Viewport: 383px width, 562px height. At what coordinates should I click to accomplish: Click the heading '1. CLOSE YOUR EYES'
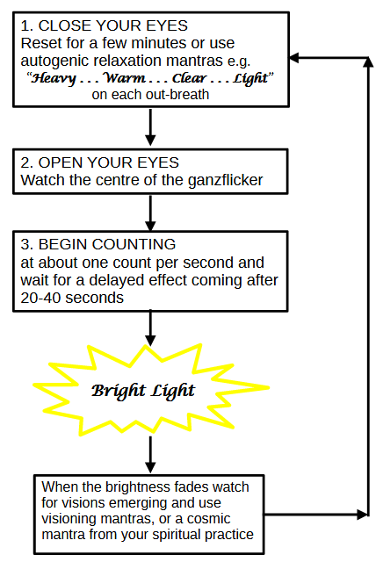point(104,25)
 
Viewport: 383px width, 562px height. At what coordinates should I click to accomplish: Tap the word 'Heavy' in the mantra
point(54,78)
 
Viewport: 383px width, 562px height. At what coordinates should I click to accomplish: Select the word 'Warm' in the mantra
point(125,77)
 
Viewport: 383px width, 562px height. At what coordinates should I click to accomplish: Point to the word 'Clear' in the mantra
point(190,77)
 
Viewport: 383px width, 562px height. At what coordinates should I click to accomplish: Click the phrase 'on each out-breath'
point(150,95)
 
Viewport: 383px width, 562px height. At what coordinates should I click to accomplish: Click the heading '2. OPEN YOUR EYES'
point(99,162)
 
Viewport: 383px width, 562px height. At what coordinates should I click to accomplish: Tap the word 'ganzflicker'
point(225,180)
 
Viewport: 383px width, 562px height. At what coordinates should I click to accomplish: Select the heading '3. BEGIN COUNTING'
point(98,244)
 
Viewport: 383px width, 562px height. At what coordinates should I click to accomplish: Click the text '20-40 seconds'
point(72,298)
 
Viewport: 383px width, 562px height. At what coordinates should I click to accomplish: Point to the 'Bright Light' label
point(143,391)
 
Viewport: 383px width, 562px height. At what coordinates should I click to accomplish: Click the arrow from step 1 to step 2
point(150,126)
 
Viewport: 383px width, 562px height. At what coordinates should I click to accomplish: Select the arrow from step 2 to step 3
point(150,213)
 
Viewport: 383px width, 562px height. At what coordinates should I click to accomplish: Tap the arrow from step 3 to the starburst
point(150,328)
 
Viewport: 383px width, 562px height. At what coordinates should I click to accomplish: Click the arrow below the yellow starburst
point(150,455)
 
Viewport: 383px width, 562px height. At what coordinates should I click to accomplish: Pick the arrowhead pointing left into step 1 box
point(294,58)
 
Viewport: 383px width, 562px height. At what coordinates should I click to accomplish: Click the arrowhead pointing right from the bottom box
point(363,515)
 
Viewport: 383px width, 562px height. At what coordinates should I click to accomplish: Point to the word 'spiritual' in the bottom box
point(178,535)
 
